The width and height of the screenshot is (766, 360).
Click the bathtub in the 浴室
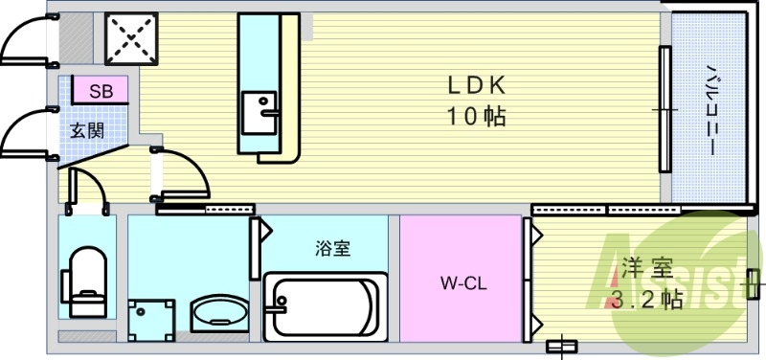tap(326, 305)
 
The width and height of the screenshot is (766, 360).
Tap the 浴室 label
tap(332, 250)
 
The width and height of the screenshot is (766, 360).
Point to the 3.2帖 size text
tap(646, 300)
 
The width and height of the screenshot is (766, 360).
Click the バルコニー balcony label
tap(712, 110)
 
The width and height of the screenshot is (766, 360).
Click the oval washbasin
tap(219, 313)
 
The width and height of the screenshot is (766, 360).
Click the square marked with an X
tap(132, 38)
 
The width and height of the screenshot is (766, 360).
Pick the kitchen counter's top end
tap(268, 29)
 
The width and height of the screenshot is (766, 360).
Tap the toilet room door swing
tap(89, 189)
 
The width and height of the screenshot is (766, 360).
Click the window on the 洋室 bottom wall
tap(561, 346)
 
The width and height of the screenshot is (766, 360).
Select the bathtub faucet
tap(280, 306)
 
